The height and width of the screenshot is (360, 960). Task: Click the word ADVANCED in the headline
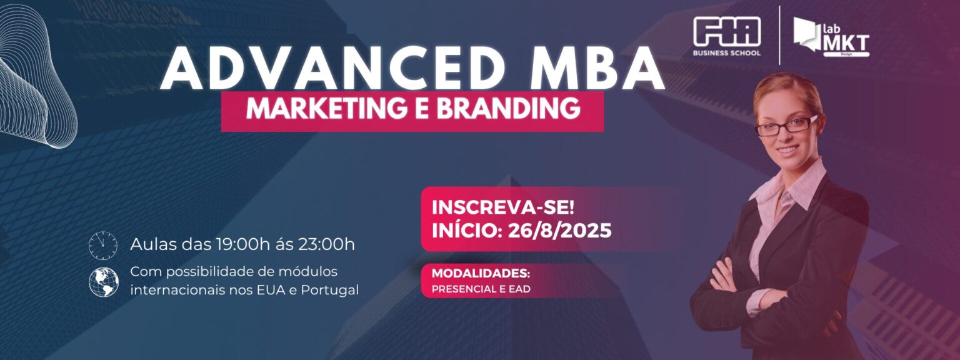tap(334, 69)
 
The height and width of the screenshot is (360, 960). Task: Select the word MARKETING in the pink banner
tap(326, 109)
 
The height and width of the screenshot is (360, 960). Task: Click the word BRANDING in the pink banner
tap(507, 109)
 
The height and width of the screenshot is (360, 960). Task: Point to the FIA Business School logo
tap(727, 37)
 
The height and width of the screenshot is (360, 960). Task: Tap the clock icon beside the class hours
tap(103, 246)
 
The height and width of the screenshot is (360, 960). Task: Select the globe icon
tap(104, 282)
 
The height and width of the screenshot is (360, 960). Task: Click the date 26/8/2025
tap(559, 231)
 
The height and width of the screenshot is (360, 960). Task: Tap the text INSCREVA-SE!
tap(502, 208)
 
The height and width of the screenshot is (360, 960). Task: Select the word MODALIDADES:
tap(481, 273)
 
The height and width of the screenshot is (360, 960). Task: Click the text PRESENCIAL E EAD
tap(481, 289)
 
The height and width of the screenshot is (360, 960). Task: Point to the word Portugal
tap(329, 291)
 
